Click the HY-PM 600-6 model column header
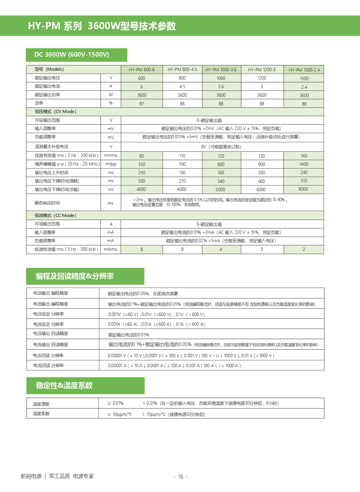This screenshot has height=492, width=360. coord(142,70)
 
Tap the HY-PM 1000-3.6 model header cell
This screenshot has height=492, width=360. coord(221,70)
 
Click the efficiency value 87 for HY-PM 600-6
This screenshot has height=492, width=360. coord(142,104)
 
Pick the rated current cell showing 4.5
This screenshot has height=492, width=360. coord(182,86)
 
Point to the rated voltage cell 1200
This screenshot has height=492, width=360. coord(262,78)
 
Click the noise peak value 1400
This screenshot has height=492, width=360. coord(304,164)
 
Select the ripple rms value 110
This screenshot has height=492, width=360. coord(182,156)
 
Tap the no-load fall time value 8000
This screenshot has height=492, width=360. coord(303,189)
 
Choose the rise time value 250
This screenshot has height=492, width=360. coord(142,173)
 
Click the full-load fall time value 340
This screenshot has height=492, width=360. coord(221,181)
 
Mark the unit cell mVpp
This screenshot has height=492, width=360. coord(111,164)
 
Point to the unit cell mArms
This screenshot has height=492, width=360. coord(111,249)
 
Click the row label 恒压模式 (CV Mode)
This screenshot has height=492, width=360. coord(56,112)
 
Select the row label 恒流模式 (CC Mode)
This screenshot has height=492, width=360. coord(55,216)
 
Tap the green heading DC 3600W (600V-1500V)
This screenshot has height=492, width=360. coord(72,55)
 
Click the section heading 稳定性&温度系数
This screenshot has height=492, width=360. coord(64,386)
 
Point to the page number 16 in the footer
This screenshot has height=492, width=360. coord(181,477)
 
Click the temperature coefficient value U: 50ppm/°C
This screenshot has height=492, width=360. coord(120,414)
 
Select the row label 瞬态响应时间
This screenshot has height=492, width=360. coord(47,203)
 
